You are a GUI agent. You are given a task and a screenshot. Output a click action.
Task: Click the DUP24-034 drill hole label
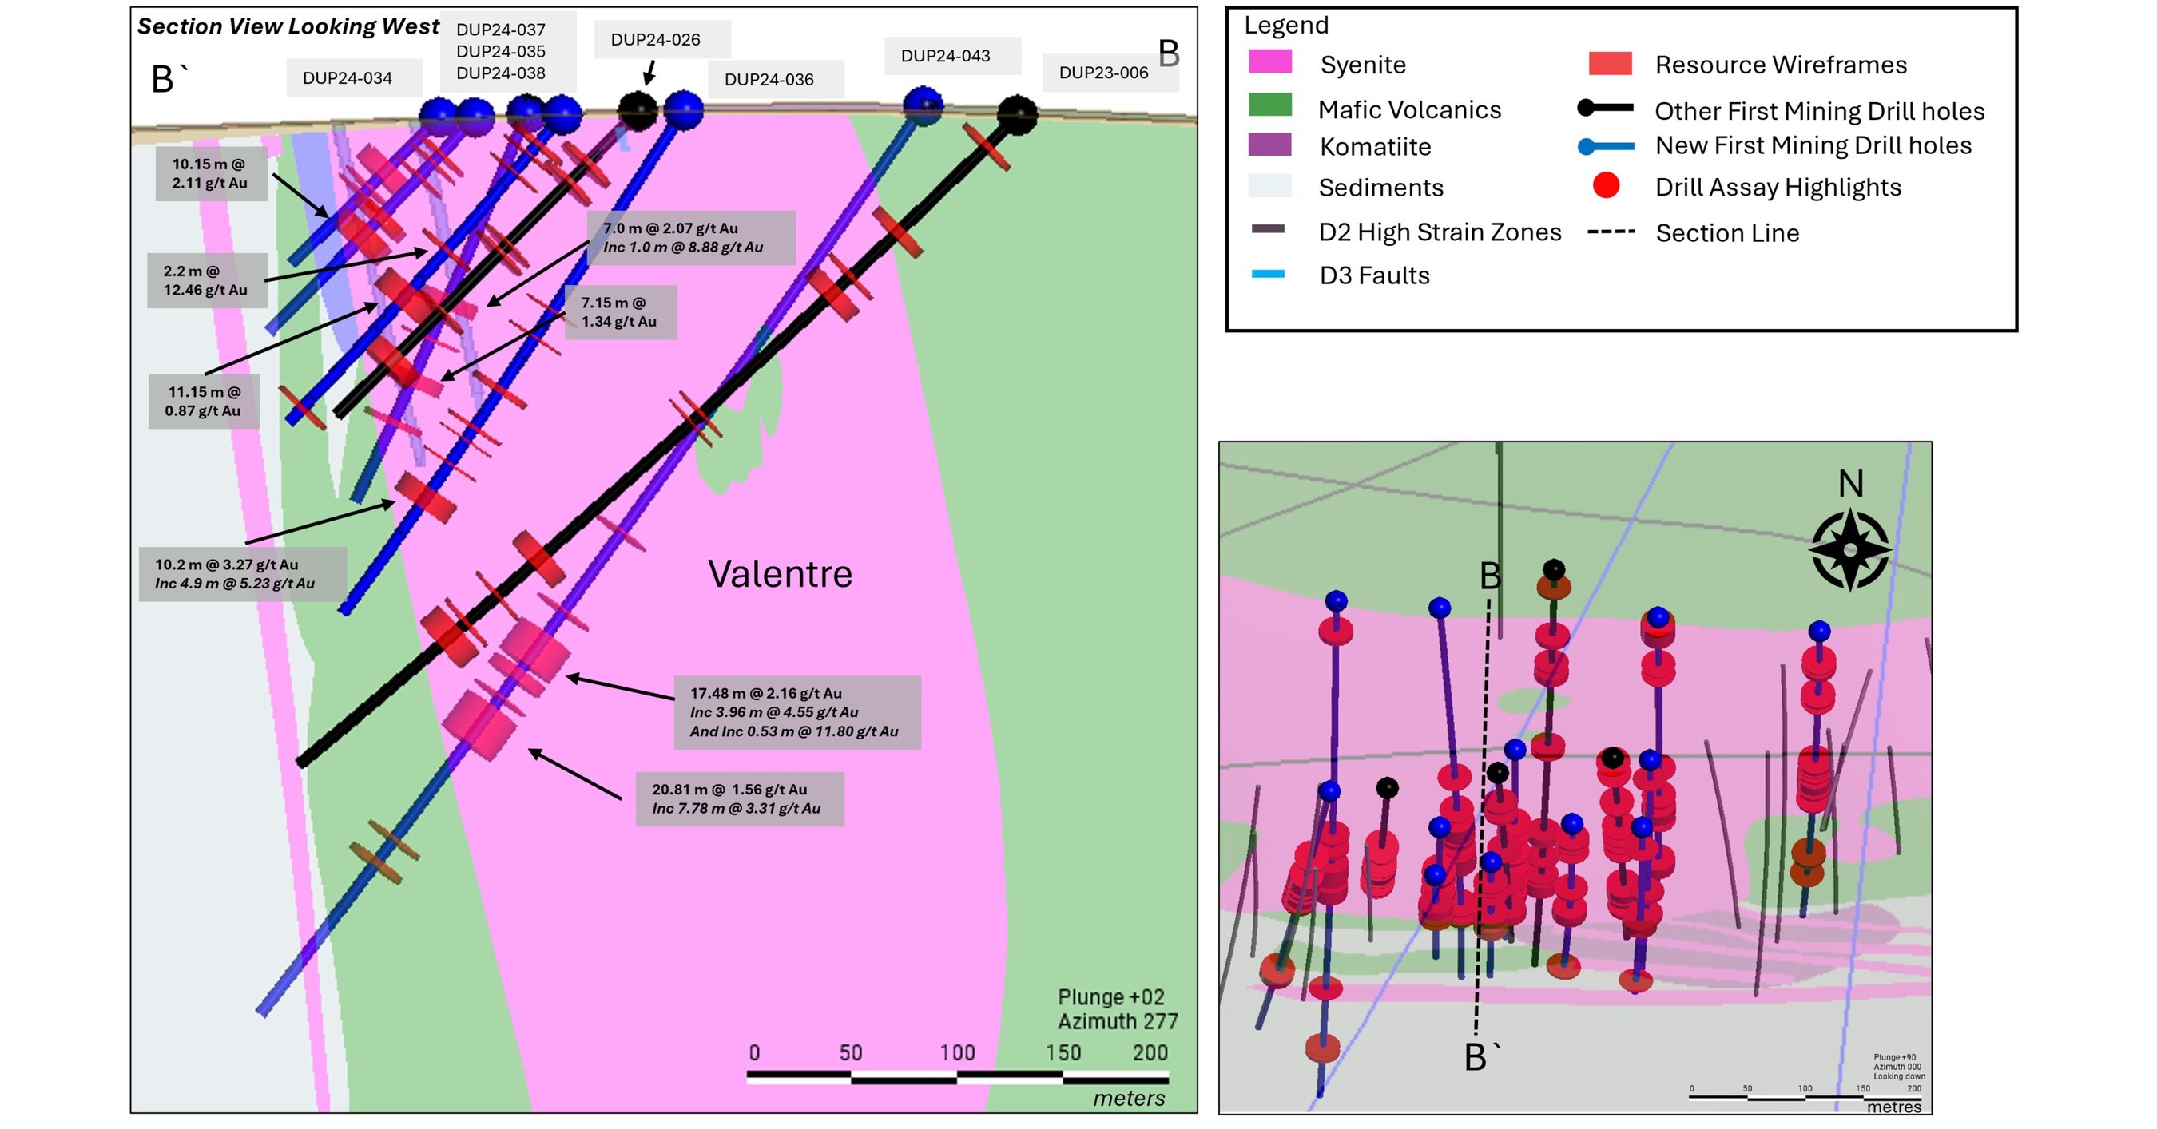347,77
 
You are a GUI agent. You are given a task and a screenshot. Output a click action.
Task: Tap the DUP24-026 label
655,39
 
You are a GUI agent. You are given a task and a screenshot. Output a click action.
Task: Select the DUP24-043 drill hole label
944,56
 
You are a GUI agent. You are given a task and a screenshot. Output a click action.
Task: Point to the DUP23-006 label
1102,73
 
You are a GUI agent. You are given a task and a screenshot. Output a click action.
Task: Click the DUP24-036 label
769,80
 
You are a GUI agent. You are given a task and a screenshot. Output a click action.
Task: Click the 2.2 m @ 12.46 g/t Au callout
206,280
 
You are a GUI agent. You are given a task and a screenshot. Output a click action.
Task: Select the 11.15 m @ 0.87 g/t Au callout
204,401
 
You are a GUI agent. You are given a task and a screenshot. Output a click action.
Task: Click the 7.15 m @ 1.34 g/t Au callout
620,312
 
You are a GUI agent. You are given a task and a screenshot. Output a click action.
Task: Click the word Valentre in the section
780,574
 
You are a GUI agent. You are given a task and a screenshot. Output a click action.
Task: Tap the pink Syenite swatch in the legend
1269,63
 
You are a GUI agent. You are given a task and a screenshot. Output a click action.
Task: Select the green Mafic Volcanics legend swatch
1269,105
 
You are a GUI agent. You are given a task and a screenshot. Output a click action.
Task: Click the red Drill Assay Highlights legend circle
1605,186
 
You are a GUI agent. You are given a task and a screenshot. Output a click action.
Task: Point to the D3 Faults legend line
1268,275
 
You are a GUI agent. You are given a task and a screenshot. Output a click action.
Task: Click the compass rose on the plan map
1849,550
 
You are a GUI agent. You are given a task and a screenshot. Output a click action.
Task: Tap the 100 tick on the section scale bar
956,1053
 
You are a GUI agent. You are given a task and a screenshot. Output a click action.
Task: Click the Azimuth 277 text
1117,1022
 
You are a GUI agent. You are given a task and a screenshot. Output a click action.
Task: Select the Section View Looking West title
288,27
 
